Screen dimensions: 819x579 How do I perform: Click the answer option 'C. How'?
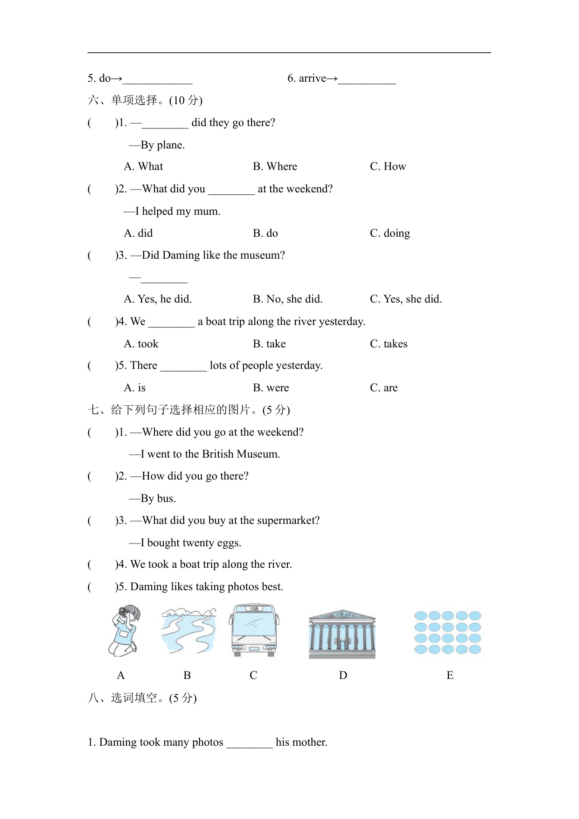pyautogui.click(x=388, y=167)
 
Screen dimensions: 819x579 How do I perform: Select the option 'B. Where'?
pyautogui.click(x=275, y=167)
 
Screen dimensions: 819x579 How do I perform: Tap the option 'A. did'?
pyautogui.click(x=138, y=233)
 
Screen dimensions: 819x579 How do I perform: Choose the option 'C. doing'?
pyautogui.click(x=390, y=233)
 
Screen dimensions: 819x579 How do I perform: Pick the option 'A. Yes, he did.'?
pyautogui.click(x=158, y=299)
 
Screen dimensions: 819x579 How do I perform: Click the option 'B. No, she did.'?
pyautogui.click(x=287, y=299)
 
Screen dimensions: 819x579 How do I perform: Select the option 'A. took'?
pyautogui.click(x=141, y=344)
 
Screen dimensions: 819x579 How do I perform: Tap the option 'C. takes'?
pyautogui.click(x=388, y=344)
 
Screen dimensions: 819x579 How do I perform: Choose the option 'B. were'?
pyautogui.click(x=271, y=388)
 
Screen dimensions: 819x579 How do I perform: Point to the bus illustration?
pyautogui.click(x=254, y=630)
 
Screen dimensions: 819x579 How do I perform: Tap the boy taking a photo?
pyautogui.click(x=124, y=630)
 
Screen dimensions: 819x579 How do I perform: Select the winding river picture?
pyautogui.click(x=188, y=630)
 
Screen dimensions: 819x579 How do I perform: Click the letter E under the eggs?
pyautogui.click(x=450, y=675)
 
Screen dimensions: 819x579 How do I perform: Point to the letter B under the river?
pyautogui.click(x=187, y=675)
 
